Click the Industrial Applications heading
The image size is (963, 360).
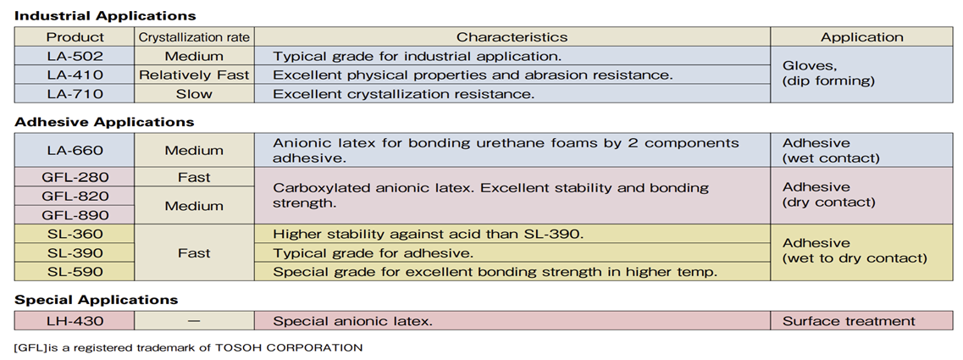[105, 16]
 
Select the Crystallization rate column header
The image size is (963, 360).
[194, 37]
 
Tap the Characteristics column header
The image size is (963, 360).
[512, 37]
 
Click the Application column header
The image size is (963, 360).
[861, 37]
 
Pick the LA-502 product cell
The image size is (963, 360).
[75, 57]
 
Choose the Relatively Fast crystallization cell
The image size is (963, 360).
[194, 75]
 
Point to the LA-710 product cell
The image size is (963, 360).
[75, 94]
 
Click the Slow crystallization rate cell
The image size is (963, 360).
[194, 94]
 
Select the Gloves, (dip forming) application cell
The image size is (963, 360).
[861, 75]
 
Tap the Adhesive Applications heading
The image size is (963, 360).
[104, 122]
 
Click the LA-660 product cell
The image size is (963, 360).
[75, 151]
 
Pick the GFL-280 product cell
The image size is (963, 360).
[75, 178]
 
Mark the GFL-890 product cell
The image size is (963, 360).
[75, 215]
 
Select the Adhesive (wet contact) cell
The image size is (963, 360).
[861, 151]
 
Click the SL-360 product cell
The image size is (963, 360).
[75, 234]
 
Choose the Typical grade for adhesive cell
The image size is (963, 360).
[512, 252]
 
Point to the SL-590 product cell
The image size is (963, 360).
[75, 272]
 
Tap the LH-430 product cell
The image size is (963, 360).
[75, 321]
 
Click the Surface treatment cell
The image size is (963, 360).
[861, 321]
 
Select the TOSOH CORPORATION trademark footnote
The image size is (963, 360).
[188, 347]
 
